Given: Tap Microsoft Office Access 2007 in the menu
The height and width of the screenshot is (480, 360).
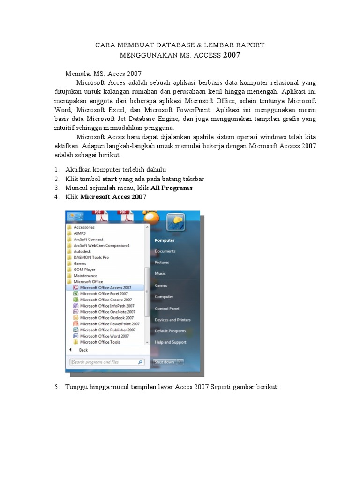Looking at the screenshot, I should (x=105, y=288).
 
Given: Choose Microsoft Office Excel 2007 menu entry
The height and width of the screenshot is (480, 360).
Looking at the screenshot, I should (x=104, y=294).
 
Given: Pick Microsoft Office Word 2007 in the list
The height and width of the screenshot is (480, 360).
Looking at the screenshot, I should (x=104, y=336).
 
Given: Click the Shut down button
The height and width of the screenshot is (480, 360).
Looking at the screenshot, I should (x=164, y=362).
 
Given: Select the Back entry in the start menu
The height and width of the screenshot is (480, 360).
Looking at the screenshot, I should (x=83, y=350).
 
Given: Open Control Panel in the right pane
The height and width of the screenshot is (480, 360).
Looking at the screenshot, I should (x=167, y=309).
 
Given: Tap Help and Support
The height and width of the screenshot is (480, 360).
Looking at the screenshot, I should (x=170, y=342).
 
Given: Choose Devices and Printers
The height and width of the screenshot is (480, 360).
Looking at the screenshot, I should (x=172, y=320).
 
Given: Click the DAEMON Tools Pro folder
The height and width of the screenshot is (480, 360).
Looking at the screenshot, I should (x=91, y=257).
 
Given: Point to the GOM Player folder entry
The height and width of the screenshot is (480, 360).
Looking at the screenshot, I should (x=84, y=270).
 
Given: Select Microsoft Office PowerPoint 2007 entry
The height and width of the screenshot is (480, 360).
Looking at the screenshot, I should (x=110, y=324).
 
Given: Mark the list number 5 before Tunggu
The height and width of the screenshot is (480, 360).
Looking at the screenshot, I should (x=56, y=387).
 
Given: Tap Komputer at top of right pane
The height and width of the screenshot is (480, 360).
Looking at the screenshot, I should (x=165, y=240).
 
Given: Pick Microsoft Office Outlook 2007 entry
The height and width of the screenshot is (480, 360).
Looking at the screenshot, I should (x=106, y=318).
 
